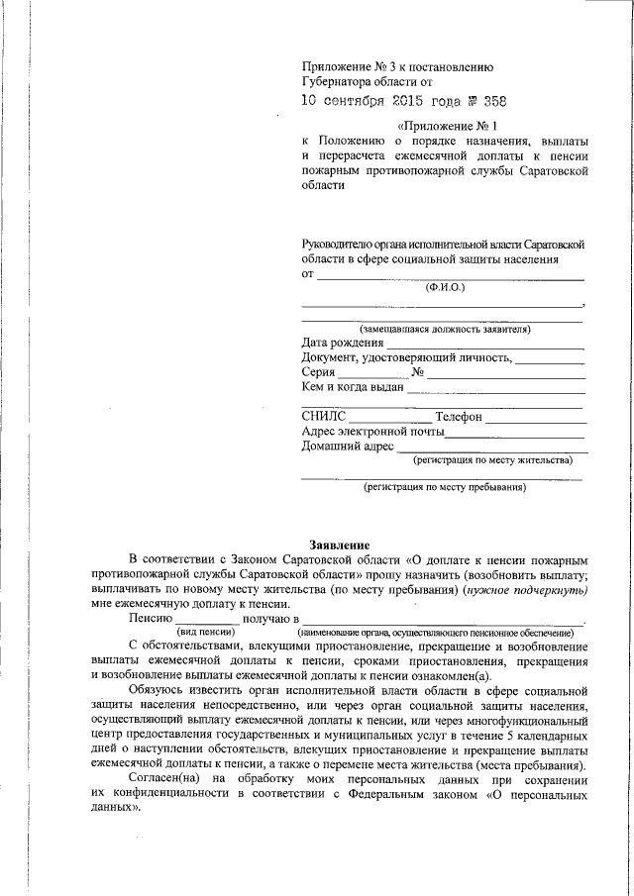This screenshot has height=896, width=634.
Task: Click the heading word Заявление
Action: pyautogui.click(x=340, y=546)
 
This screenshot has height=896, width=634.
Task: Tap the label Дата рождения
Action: pyautogui.click(x=342, y=343)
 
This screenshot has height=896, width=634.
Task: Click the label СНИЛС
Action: pyautogui.click(x=324, y=417)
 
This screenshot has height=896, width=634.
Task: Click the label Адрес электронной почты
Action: pyautogui.click(x=371, y=432)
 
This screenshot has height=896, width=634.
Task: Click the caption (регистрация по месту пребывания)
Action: pyautogui.click(x=444, y=487)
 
